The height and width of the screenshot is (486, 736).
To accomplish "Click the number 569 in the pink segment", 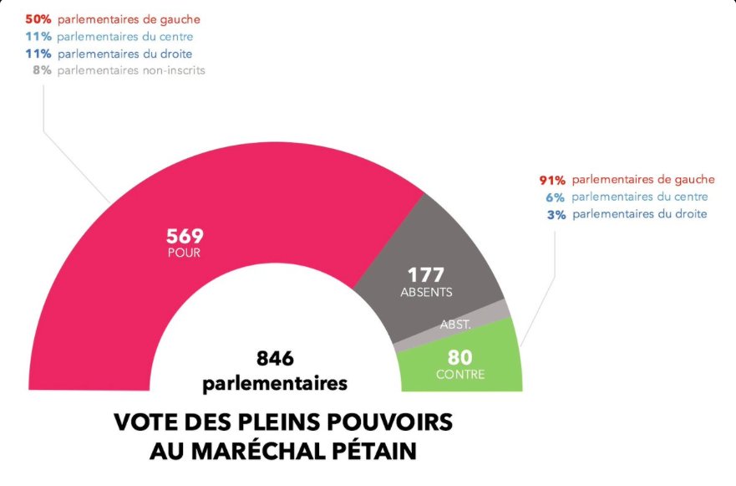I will pyautogui.click(x=185, y=235).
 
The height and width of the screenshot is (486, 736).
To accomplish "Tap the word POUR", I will pyautogui.click(x=184, y=252).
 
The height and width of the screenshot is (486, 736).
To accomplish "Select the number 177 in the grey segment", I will pyautogui.click(x=425, y=275).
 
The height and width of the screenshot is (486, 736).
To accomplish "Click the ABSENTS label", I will pyautogui.click(x=425, y=292).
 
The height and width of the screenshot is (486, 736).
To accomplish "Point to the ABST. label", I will pyautogui.click(x=456, y=324).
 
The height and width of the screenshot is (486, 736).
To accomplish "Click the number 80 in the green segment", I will pyautogui.click(x=460, y=356).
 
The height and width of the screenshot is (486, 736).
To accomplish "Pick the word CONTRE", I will pyautogui.click(x=460, y=374).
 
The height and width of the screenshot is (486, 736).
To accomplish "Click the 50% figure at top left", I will pyautogui.click(x=39, y=18).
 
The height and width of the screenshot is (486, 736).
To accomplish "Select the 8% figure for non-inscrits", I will pyautogui.click(x=43, y=70).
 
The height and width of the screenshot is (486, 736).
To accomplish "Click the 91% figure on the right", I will pyautogui.click(x=552, y=180).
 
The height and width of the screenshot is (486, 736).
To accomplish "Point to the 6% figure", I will pyautogui.click(x=556, y=197).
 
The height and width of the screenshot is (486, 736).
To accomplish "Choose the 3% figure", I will pyautogui.click(x=556, y=214).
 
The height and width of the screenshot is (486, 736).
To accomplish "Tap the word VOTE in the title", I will pyautogui.click(x=144, y=422).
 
